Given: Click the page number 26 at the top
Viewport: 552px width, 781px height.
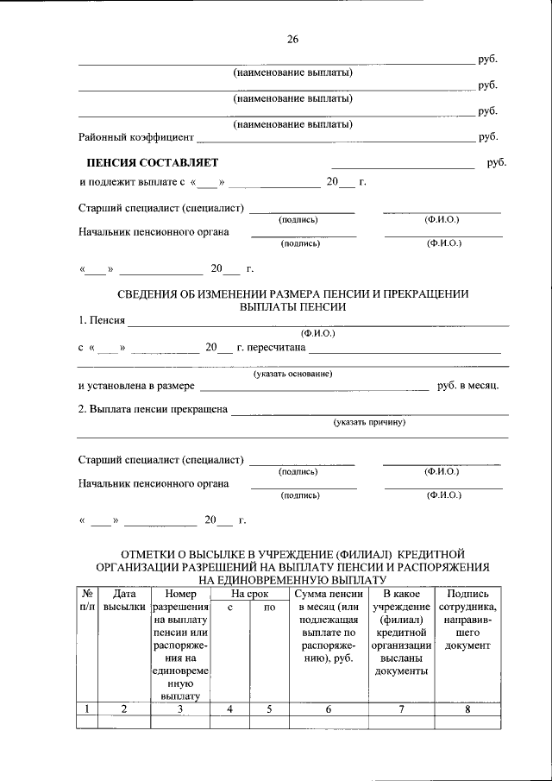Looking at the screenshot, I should point(292,38).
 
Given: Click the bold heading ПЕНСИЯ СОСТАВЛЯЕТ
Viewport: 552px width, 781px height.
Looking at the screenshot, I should point(153,162).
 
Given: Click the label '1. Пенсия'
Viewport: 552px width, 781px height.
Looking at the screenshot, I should point(102,321).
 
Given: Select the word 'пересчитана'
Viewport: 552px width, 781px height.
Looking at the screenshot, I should point(277,347).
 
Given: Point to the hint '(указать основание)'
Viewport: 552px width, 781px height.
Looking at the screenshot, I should point(292,373).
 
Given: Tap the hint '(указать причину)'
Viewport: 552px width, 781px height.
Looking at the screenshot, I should point(369,423).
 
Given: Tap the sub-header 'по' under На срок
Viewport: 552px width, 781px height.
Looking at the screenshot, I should point(269,608).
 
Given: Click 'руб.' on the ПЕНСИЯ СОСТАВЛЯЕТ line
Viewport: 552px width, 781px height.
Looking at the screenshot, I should point(495,162).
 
